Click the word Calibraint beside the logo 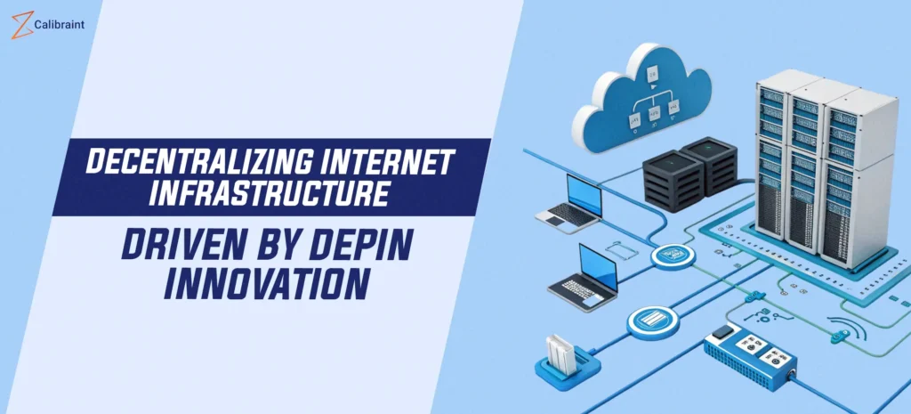tap(60, 25)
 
